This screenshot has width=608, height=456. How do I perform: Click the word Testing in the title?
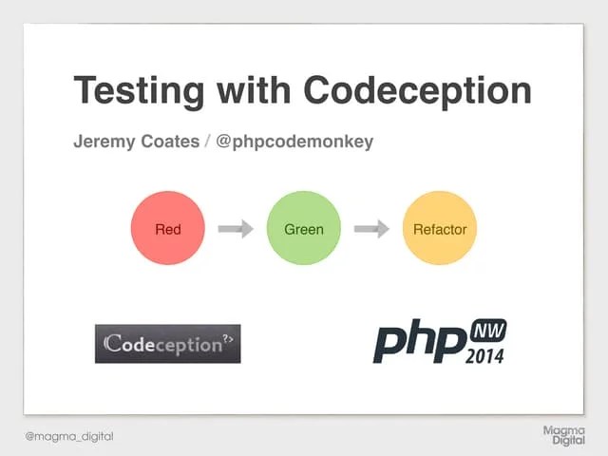pos(138,91)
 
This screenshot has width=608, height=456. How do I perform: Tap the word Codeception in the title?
pos(418,91)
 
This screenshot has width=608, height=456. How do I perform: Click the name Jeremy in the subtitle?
pos(103,142)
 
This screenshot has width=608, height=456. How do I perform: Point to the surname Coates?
pos(167,142)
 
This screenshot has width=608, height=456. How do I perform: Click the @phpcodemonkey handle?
pos(294,142)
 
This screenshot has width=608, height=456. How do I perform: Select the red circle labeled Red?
pos(167,229)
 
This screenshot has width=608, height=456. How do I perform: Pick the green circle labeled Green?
pos(304,229)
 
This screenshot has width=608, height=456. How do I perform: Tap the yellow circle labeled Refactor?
pos(439,229)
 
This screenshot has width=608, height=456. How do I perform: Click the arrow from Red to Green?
pos(235,229)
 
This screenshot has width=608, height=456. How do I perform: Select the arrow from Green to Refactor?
pos(371,229)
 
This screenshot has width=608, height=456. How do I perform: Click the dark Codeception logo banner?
pos(167,344)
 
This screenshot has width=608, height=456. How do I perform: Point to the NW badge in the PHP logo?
pos(488,332)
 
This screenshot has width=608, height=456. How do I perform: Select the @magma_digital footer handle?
pos(68,436)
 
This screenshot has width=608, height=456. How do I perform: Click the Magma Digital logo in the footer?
pos(563,436)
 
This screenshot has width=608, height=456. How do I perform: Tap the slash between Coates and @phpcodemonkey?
pos(208,142)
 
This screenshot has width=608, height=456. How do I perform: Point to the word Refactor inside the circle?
pos(439,229)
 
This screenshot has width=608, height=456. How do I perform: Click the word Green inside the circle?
pos(304,229)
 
